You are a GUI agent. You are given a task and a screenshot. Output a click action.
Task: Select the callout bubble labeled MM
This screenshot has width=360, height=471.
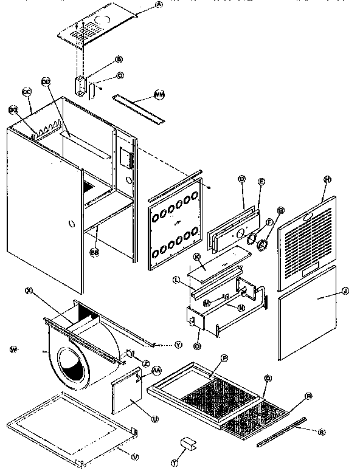coord(159,95)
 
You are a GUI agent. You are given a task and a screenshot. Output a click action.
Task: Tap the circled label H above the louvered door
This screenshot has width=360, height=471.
coord(327,180)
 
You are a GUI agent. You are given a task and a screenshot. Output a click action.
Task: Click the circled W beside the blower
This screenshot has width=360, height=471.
coord(13,349)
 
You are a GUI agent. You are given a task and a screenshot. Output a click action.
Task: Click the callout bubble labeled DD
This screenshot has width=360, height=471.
coord(46,81)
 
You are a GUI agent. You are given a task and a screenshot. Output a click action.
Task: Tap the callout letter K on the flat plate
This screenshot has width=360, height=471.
coord(197,257)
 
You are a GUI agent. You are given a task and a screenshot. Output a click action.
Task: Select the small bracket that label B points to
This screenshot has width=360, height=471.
coord(80,85)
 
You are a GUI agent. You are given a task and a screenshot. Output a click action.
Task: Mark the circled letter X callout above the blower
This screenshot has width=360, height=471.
coord(28,290)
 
